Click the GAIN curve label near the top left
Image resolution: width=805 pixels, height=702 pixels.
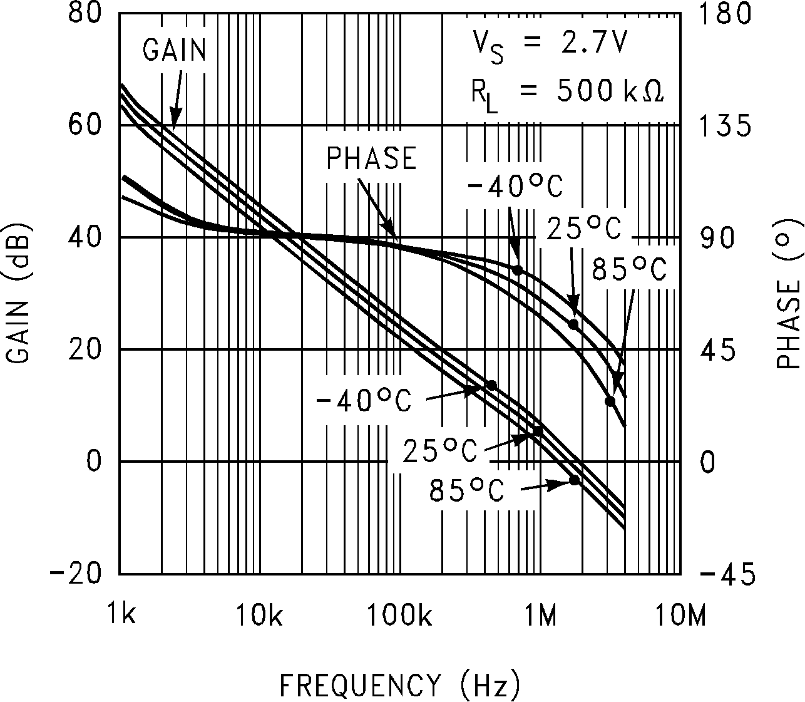pos(174,50)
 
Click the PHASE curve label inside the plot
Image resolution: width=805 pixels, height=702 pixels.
pos(371,158)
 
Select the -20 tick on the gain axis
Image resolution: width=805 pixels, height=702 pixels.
pos(74,574)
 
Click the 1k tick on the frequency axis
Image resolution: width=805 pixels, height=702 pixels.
pos(120,615)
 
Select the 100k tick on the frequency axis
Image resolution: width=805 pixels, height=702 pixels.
pos(399,615)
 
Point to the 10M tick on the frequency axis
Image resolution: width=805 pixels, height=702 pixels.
pos(680,615)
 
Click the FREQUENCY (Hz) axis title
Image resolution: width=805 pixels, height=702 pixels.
pos(399,685)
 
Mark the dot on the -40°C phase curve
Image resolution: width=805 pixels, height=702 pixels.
pos(517,270)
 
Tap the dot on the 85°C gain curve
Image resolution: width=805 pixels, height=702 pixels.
pos(575,480)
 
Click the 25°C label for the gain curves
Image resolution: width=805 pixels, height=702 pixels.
pos(440,449)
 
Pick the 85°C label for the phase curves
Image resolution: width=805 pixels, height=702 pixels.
pos(629,270)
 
